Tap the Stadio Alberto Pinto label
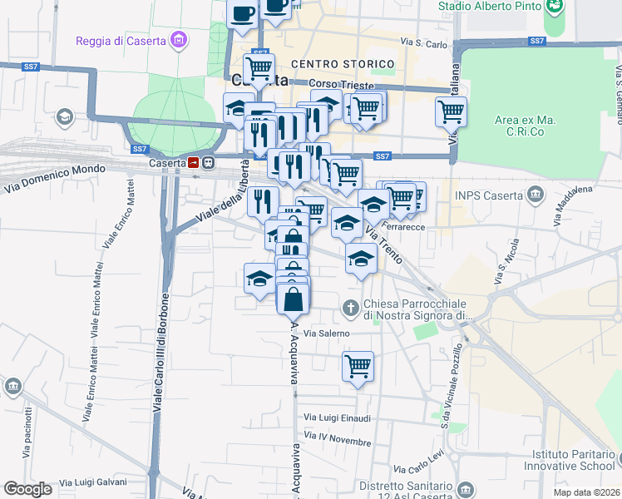pyautogui.click(x=491, y=6)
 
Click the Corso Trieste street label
pyautogui.click(x=337, y=84)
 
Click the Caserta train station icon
pyautogui.click(x=194, y=163)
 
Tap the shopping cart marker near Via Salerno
pyautogui.click(x=358, y=366)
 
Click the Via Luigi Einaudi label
pyautogui.click(x=337, y=417)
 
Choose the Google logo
pyautogui.click(x=27, y=489)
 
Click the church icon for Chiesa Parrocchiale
pyautogui.click(x=350, y=308)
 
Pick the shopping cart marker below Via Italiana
pyautogui.click(x=451, y=111)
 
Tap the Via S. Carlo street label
pyautogui.click(x=424, y=42)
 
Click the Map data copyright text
pyautogui.click(x=586, y=492)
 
